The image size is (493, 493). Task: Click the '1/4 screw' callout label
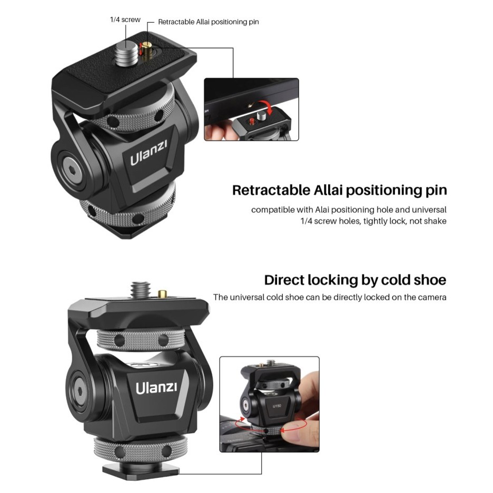[x=125, y=19]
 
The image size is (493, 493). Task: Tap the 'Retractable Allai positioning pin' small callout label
[x=208, y=22]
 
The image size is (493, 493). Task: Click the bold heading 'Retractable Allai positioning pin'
[x=340, y=190]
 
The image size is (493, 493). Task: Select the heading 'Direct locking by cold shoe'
[x=355, y=280]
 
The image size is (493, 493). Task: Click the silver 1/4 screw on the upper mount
[x=127, y=54]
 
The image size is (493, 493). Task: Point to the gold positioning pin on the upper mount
[x=146, y=51]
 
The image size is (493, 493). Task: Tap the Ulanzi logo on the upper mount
[x=149, y=153]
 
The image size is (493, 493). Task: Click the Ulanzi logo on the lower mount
[x=156, y=388]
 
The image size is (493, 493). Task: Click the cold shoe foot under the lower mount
[x=141, y=471]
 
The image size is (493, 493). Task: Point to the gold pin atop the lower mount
[x=163, y=294]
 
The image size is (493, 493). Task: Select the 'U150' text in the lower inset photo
[x=277, y=406]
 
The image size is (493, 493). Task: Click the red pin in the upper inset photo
[x=252, y=121]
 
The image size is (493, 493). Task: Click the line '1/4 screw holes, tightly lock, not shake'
[x=373, y=221]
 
